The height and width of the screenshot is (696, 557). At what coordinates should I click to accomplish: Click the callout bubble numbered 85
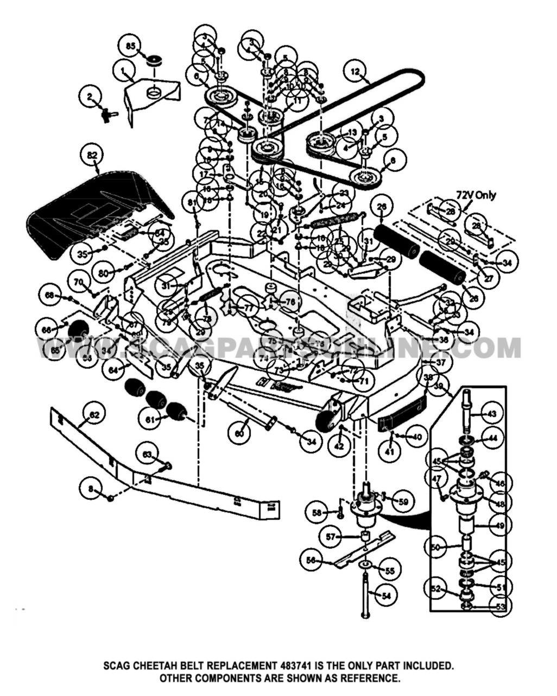(130, 46)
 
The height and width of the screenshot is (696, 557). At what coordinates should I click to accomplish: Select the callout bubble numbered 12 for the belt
(355, 72)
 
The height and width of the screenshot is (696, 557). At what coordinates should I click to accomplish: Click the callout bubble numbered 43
(492, 414)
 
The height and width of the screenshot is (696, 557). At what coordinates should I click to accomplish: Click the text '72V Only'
(476, 195)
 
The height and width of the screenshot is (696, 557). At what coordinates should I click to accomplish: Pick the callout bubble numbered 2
(90, 97)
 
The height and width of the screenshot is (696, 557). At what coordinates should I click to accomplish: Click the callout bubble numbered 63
(148, 453)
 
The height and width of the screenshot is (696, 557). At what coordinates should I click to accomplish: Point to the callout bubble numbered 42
(339, 447)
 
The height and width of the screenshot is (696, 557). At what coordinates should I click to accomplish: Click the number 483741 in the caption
(297, 666)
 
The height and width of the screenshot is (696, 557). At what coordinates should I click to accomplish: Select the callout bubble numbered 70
(79, 283)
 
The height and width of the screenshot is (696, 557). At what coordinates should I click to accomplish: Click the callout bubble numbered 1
(123, 71)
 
